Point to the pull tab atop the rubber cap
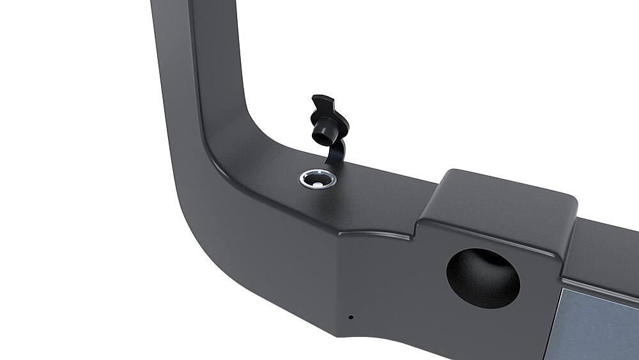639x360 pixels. pyautogui.click(x=323, y=104)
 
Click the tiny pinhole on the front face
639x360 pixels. pyautogui.click(x=350, y=317)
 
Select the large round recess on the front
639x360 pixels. pyautogui.click(x=482, y=275)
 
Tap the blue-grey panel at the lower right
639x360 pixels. pyautogui.click(x=597, y=323)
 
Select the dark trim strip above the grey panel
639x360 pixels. pyautogui.click(x=601, y=285)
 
